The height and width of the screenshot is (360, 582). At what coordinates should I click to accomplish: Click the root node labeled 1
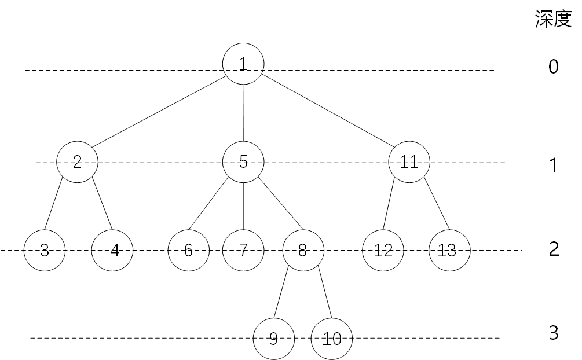coord(243,64)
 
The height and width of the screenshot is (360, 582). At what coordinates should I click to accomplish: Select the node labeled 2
coord(78,162)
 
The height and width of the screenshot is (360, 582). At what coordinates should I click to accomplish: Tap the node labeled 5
coord(243,162)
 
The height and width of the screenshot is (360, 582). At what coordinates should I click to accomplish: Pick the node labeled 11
coord(409,162)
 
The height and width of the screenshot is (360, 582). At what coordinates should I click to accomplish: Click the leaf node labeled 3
coord(45,251)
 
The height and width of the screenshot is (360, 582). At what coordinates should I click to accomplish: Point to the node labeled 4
coord(112,251)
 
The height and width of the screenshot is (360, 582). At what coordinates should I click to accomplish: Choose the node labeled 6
coord(188,251)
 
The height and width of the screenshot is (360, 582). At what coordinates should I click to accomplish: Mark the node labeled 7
coord(243,251)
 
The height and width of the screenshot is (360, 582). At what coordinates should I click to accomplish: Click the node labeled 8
coord(303,251)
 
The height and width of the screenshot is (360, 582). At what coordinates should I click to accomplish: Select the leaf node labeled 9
coord(274,339)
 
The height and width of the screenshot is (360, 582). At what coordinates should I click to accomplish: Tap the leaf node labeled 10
coord(332,339)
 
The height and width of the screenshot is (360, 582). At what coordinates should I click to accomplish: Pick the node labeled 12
coord(383,251)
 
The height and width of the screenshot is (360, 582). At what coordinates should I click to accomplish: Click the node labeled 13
coord(450,251)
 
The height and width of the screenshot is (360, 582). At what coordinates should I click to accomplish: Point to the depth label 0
coord(553,67)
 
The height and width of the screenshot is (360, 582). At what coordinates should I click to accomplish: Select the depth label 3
coord(553,333)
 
